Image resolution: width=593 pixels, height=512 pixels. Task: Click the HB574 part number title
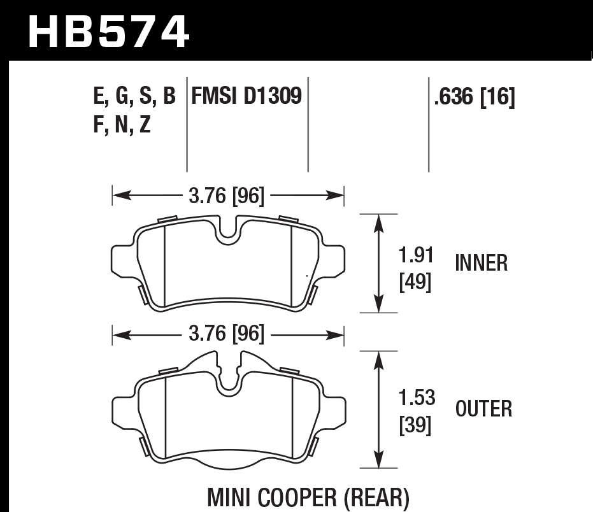(x=109, y=31)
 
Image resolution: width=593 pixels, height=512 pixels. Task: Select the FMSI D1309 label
(x=246, y=97)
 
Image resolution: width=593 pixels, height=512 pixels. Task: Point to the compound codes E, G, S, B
(x=134, y=97)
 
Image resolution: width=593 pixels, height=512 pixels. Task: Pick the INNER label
(x=482, y=263)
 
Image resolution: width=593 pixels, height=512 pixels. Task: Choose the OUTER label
(x=483, y=409)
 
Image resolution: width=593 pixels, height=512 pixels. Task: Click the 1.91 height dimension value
(x=416, y=255)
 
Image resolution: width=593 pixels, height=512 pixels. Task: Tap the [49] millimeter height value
(x=415, y=282)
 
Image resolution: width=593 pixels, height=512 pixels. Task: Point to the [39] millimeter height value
(x=416, y=425)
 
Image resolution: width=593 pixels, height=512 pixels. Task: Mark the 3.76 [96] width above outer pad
(x=228, y=333)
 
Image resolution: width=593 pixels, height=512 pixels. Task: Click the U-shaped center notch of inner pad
(x=228, y=233)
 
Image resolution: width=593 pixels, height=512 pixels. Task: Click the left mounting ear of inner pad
(x=122, y=261)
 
